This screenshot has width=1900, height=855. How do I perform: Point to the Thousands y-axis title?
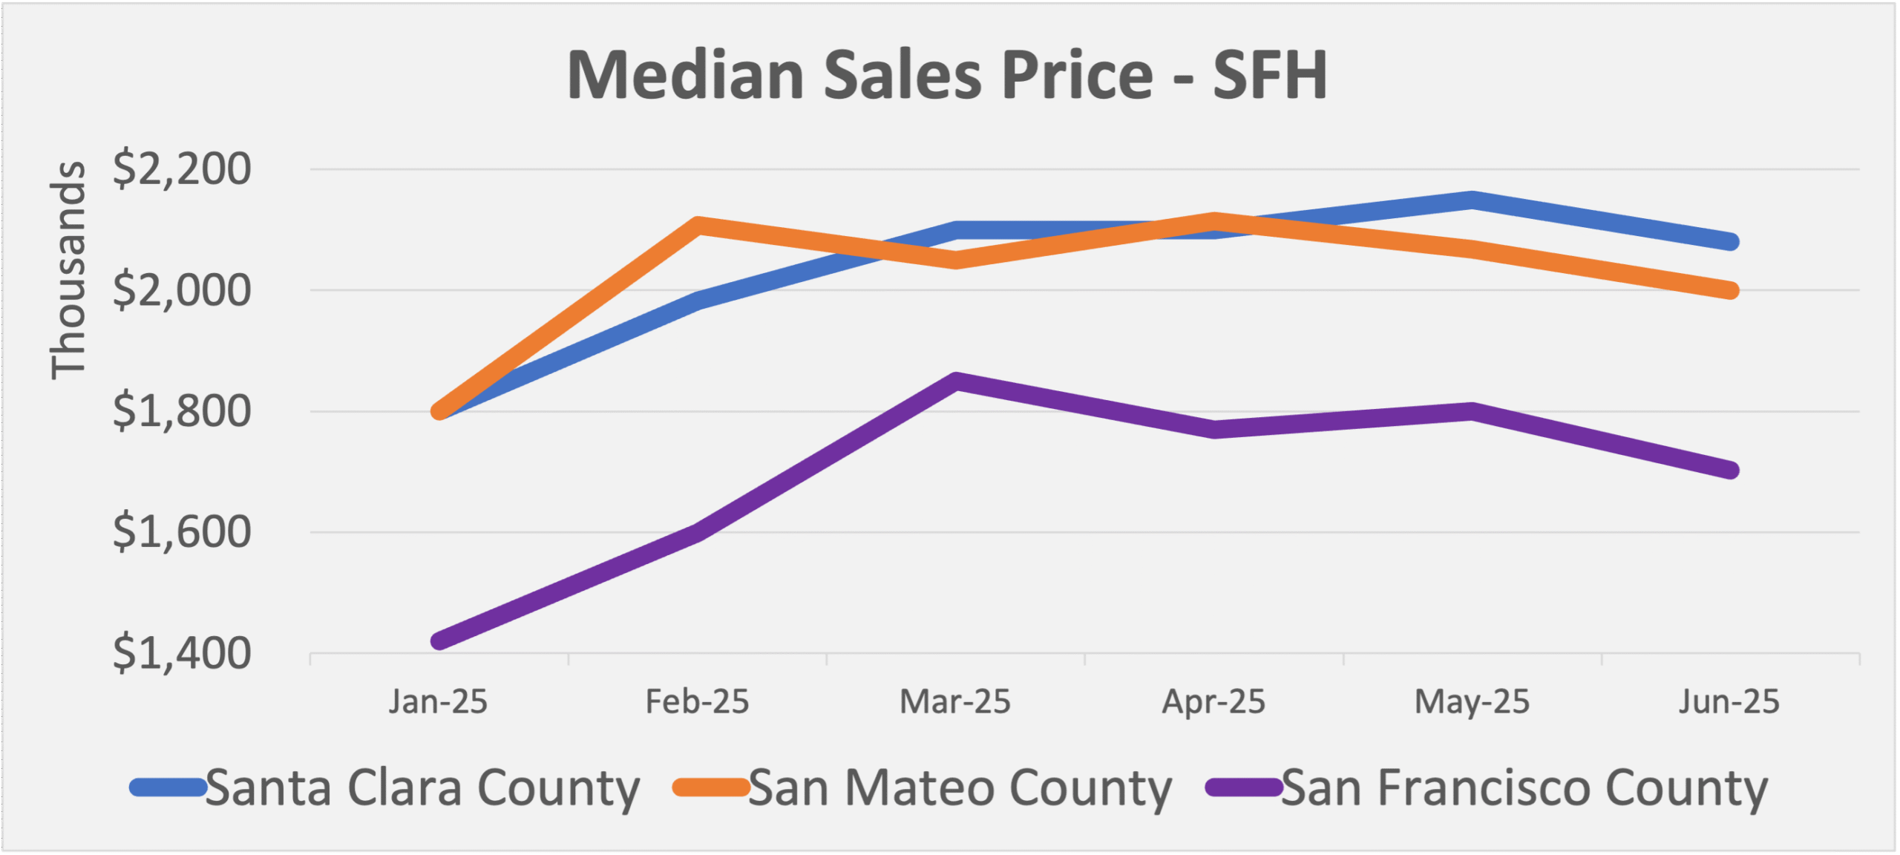coord(68,270)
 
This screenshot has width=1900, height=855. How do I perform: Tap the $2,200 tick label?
coord(182,169)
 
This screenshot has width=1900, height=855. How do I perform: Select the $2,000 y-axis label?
coord(182,290)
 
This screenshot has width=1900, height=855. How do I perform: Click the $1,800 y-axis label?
coord(182,411)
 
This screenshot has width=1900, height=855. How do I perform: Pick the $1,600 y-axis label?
coord(182,532)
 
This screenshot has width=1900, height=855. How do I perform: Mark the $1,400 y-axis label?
coord(182,653)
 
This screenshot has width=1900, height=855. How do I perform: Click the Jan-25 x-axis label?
coord(438,701)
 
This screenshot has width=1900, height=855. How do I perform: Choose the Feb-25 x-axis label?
coord(697,701)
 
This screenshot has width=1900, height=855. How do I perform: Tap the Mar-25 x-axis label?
coord(955,701)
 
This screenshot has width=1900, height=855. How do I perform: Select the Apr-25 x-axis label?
coord(1213,701)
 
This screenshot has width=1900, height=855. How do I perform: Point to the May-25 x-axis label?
coord(1472,701)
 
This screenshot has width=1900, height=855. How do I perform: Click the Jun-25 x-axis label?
coord(1729,701)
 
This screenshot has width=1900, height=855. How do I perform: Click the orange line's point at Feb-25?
coord(697,225)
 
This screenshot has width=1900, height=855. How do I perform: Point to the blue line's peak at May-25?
coord(1472,200)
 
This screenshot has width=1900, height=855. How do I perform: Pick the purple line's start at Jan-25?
coord(439,641)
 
